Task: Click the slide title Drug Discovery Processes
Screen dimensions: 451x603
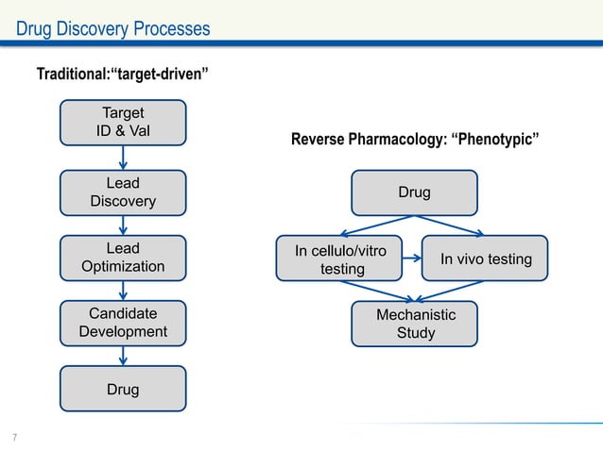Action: pyautogui.click(x=112, y=29)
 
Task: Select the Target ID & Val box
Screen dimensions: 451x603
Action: pyautogui.click(x=123, y=125)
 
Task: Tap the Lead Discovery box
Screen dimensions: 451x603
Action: pyautogui.click(x=123, y=192)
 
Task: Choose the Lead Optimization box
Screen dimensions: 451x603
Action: pyautogui.click(x=123, y=258)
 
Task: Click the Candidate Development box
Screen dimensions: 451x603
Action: pyautogui.click(x=123, y=323)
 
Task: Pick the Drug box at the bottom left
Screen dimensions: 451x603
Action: pyautogui.click(x=123, y=389)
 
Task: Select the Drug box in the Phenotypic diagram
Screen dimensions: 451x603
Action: pyautogui.click(x=414, y=192)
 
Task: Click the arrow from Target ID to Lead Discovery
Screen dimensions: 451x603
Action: pyautogui.click(x=123, y=159)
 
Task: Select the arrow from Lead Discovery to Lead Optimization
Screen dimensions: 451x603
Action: pyautogui.click(x=123, y=225)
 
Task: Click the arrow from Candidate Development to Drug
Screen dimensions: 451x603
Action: pyautogui.click(x=123, y=356)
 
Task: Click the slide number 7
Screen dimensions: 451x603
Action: pyautogui.click(x=14, y=436)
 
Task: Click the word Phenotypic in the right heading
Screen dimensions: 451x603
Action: pyautogui.click(x=497, y=142)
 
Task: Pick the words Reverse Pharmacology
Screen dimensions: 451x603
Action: pyautogui.click(x=369, y=142)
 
